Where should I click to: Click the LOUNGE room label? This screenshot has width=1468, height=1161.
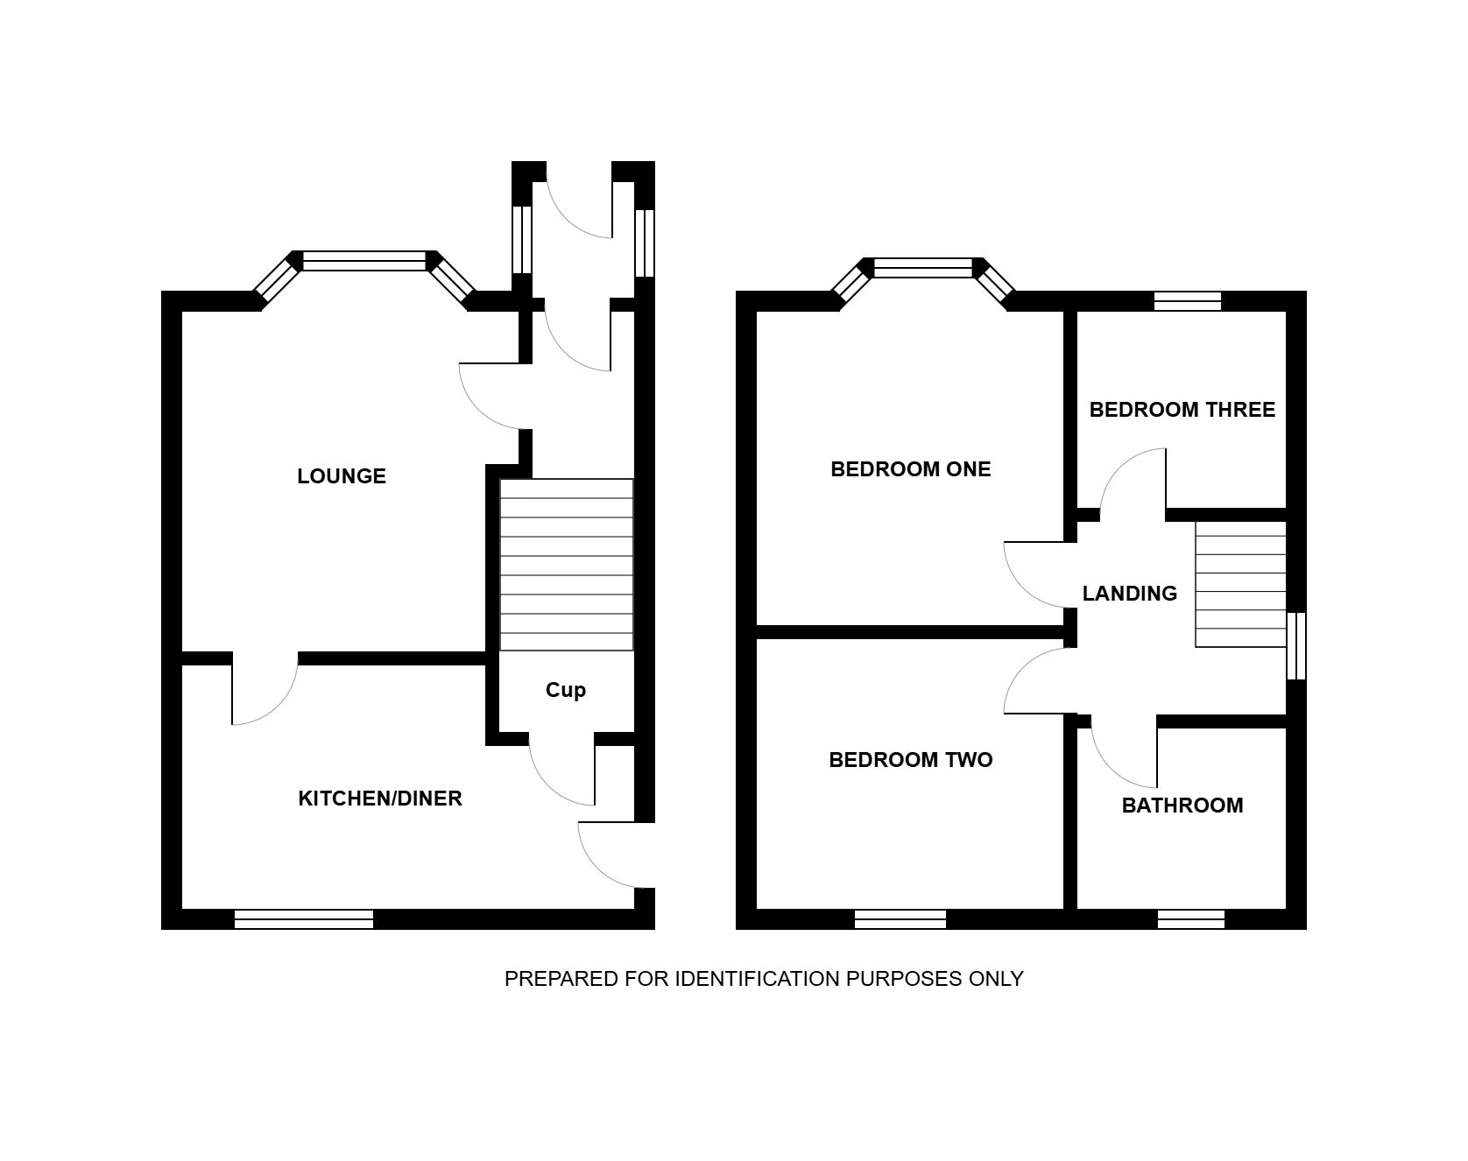342,476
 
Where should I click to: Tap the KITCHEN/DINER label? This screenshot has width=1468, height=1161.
380,799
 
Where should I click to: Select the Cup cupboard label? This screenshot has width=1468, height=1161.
566,691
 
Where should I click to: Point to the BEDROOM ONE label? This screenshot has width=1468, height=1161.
911,469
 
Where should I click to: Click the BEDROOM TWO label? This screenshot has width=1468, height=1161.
911,760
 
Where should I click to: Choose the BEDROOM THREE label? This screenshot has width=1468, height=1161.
1182,410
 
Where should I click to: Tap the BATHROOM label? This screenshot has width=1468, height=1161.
1182,806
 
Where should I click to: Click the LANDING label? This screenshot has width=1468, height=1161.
1130,594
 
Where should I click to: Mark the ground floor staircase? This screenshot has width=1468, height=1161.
566,565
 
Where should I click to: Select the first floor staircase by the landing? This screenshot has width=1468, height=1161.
1241,584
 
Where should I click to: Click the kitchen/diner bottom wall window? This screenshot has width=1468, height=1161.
304,919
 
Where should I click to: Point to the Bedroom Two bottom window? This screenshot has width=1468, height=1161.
900,919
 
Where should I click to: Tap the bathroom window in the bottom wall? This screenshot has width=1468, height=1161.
1190,919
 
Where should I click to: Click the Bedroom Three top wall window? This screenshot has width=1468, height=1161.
1188,301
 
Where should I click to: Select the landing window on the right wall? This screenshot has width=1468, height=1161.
1296,646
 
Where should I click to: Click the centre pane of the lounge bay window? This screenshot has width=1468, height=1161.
364,260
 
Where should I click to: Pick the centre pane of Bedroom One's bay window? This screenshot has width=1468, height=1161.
923,268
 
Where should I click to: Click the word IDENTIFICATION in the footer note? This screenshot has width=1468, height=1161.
758,979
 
